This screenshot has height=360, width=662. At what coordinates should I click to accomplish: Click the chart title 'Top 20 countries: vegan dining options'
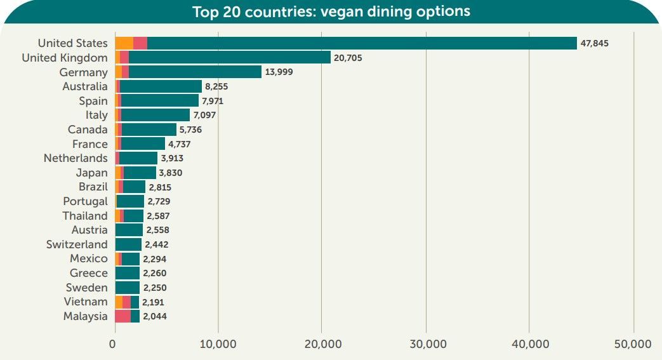[331, 11]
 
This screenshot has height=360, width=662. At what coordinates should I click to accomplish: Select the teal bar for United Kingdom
[230, 58]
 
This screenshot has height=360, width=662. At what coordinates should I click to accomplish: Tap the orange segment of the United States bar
[124, 43]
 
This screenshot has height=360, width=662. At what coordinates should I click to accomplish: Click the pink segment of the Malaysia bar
[123, 316]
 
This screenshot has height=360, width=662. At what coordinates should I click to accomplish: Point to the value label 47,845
[595, 43]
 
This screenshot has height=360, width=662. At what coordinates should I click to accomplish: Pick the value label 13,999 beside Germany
[279, 72]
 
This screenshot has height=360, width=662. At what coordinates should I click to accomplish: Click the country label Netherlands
[76, 158]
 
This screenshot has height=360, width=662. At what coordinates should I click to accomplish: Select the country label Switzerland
[77, 244]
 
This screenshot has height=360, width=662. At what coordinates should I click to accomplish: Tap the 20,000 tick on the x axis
[323, 344]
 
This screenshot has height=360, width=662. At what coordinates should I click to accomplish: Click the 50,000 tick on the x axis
[633, 344]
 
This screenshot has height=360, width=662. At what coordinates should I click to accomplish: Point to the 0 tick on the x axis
[112, 344]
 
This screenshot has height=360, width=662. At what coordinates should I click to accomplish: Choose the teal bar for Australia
[161, 86]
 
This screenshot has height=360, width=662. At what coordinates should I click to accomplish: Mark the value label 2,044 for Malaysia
[155, 316]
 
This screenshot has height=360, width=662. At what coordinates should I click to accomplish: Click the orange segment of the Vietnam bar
[119, 302]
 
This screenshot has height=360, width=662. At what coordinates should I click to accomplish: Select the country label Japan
[91, 173]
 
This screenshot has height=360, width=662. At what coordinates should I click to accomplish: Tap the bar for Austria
[129, 230]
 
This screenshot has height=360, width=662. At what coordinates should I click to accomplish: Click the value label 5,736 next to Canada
[190, 130]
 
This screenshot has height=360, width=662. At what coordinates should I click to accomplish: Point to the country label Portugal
[85, 201]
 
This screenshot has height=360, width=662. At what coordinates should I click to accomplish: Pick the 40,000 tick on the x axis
[531, 344]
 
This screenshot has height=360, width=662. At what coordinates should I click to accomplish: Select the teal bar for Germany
[195, 72]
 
